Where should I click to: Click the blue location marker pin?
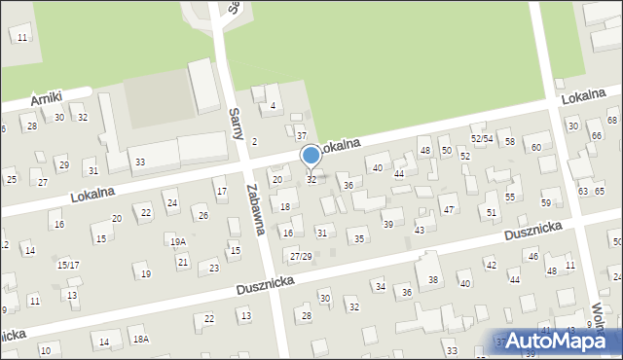pos(311,156)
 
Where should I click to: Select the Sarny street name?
pos(235,124)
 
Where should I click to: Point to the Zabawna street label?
pos(257,204)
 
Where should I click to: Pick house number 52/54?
pos(483,139)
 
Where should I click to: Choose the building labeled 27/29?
pos(301,256)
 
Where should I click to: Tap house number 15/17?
pos(68,265)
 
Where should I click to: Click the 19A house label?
pos(177,242)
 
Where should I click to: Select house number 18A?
pos(141,339)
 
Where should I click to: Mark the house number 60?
pos(536,147)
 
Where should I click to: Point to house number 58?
pos(509,142)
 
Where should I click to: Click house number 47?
pos(448,209)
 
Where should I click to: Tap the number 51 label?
pos(492,211)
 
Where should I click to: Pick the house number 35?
pos(359,238)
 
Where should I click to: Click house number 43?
pos(420,230)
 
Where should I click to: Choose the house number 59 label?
pos(545,202)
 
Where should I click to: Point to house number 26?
pos(202,215)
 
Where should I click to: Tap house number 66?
pos(596,134)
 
